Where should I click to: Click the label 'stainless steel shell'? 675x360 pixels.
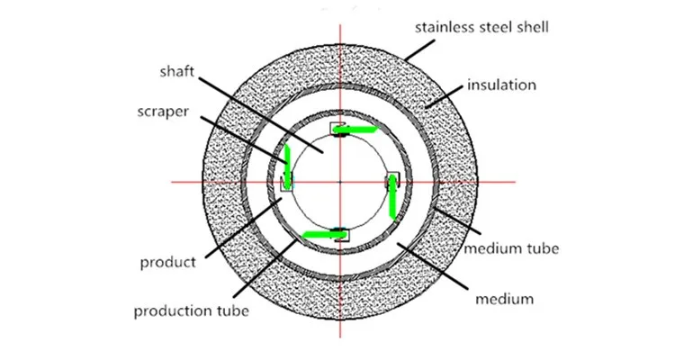tap(481, 27)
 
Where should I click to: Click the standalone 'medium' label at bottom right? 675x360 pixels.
tap(508, 297)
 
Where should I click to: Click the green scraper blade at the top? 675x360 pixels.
tap(356, 130)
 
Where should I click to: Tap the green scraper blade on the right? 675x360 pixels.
tap(393, 198)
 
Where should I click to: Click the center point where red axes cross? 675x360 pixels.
tap(340, 182)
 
